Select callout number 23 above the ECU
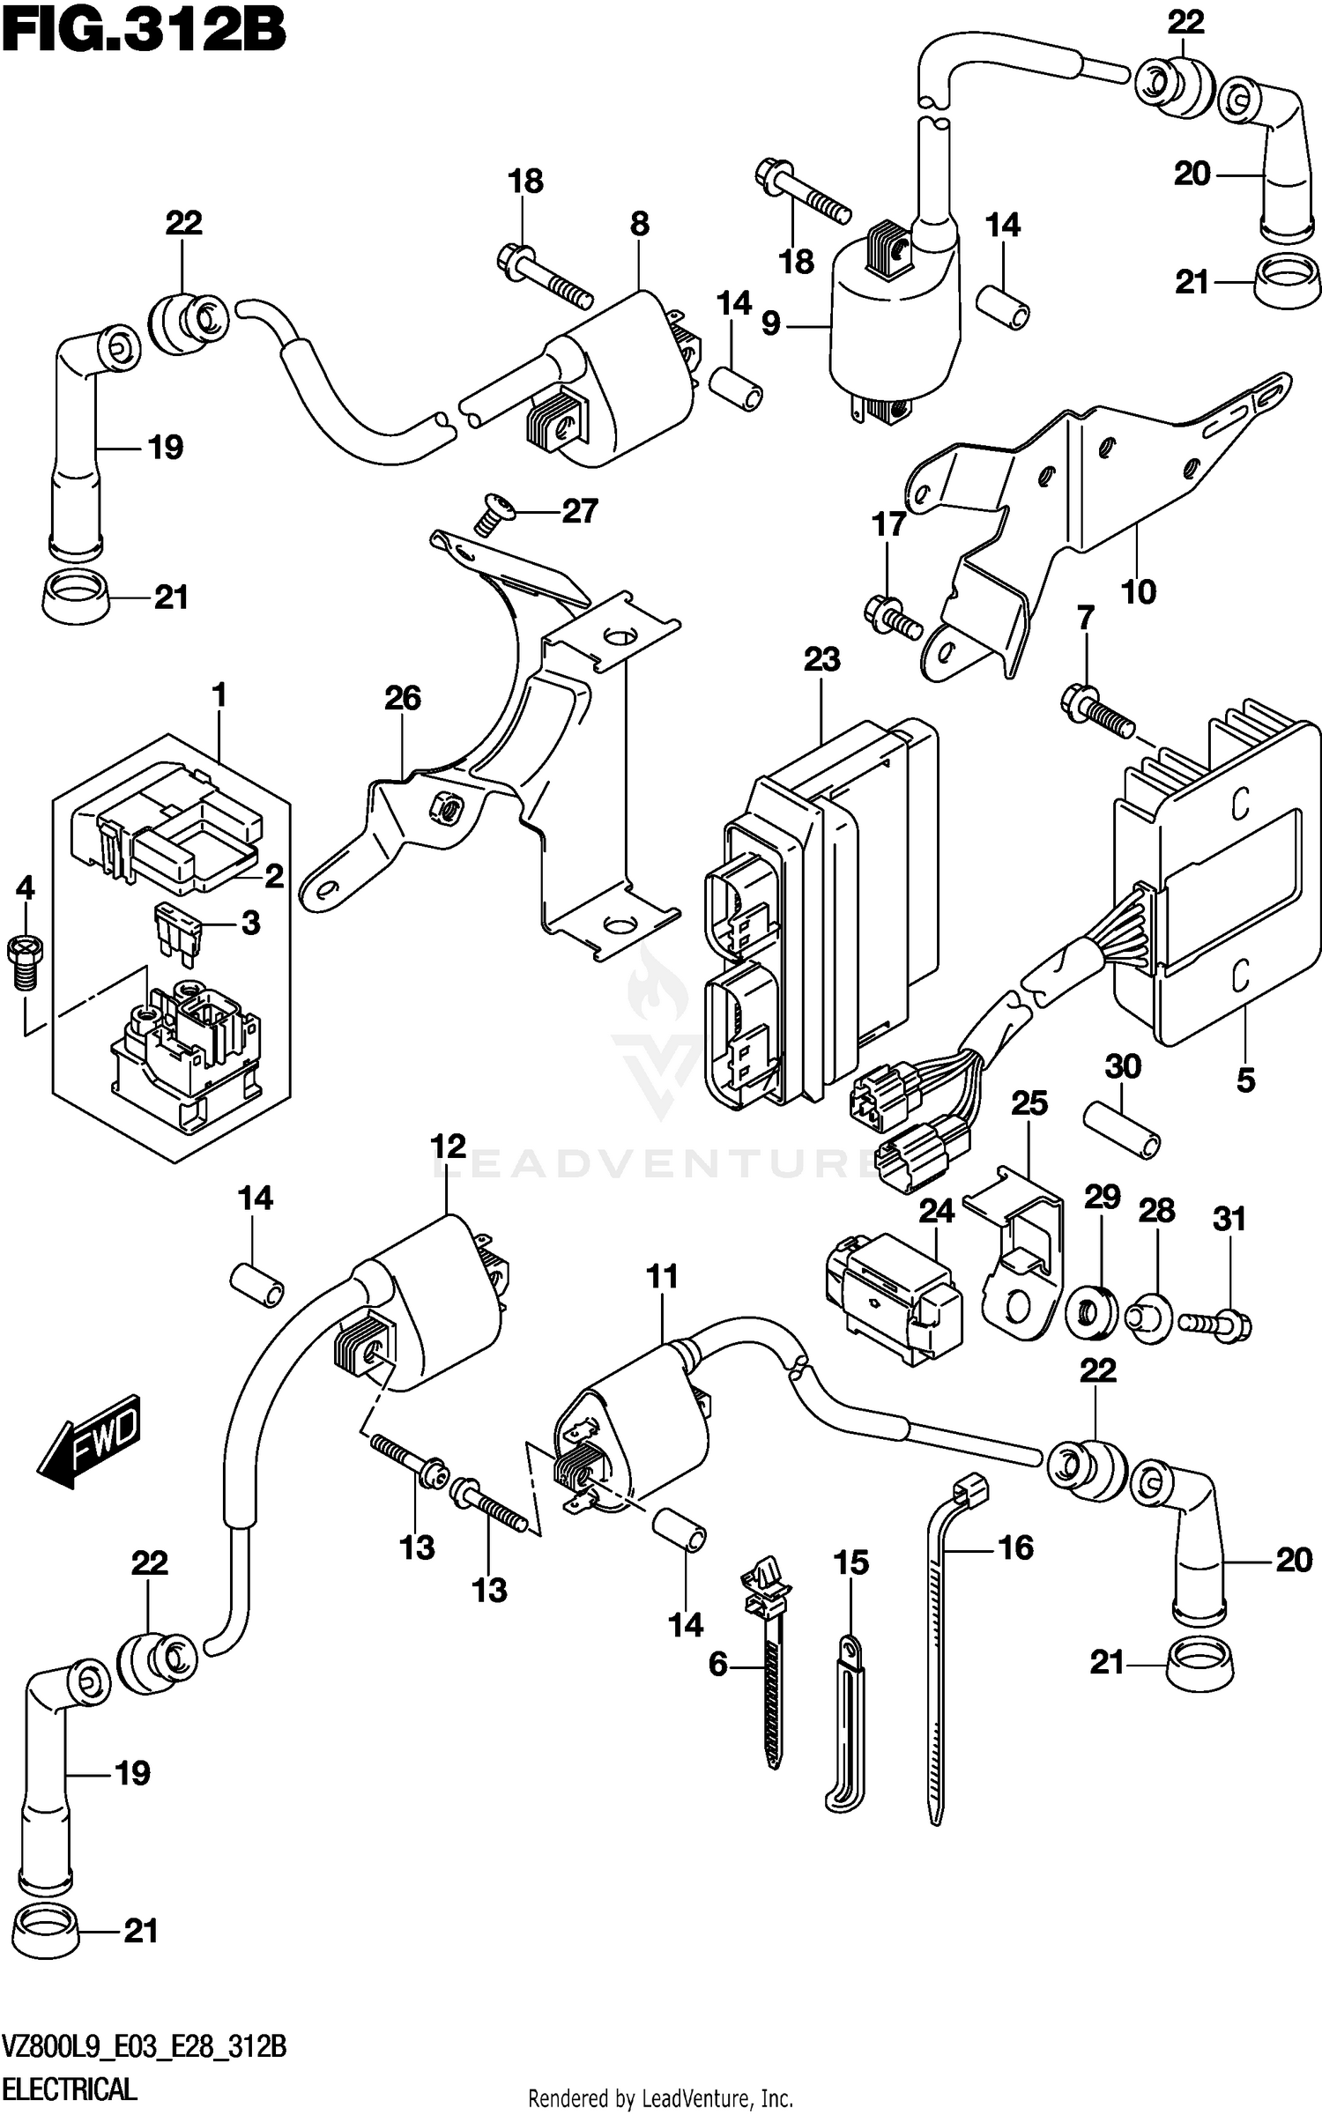pos(821,659)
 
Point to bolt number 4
pos(25,956)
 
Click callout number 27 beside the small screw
pos(580,511)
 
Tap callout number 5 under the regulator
pos(1245,1080)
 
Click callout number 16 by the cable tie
pos(1015,1547)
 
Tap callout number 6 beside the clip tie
pos(717,1664)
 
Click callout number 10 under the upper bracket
pos(1138,591)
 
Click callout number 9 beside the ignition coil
pos(770,324)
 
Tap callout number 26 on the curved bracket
pos(402,698)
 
